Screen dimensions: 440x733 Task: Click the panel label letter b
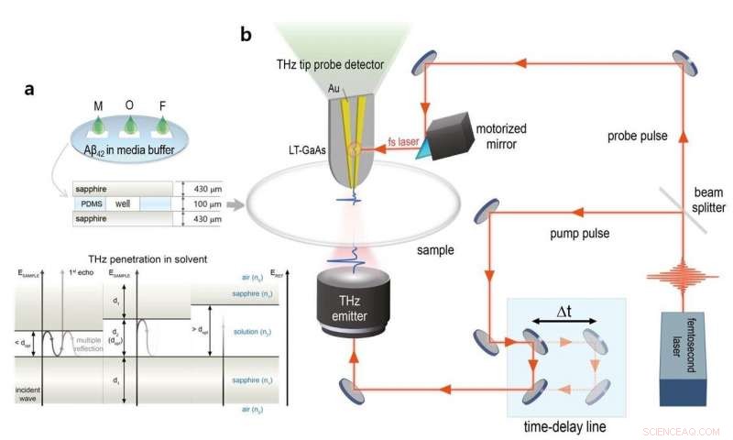pos(246,35)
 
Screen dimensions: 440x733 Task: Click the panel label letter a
pos(31,90)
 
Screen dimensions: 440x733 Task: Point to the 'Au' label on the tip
pos(334,88)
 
